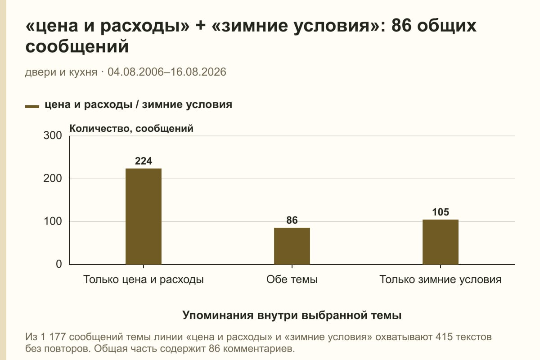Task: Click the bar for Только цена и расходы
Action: point(144,216)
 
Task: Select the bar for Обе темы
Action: point(292,246)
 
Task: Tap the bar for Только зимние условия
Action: point(441,242)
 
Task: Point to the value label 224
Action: point(144,161)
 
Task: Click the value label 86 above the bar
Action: point(292,220)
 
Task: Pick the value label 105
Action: point(441,212)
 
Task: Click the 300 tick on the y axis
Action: point(53,135)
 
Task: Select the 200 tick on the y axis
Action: point(53,179)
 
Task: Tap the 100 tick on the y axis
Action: point(53,221)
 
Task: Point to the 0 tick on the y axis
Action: point(59,264)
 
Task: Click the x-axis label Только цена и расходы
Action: point(144,279)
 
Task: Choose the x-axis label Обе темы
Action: point(292,279)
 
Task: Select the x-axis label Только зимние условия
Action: point(441,279)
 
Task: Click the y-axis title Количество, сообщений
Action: point(131,129)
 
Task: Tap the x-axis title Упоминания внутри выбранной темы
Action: point(292,315)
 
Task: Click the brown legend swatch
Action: point(32,107)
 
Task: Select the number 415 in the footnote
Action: point(444,337)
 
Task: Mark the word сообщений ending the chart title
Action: point(77,47)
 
